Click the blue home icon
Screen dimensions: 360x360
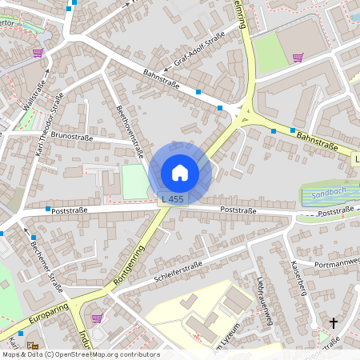coord(179,172)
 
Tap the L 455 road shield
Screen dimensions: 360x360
coord(172,198)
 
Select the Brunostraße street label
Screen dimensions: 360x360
coord(73,136)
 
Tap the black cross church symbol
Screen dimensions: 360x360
coord(334,323)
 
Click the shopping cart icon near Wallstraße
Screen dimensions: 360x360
coord(38,53)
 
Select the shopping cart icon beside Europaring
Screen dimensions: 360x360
coord(98,318)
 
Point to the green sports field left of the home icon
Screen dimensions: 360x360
coord(134,182)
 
